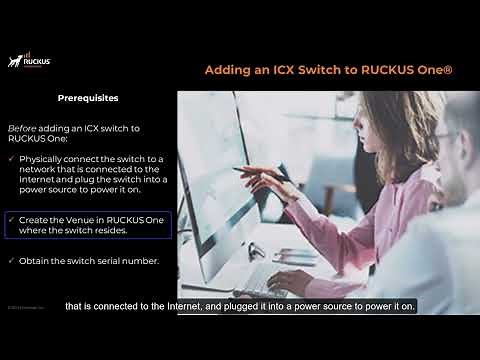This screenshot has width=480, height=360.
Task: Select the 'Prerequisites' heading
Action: [x=88, y=99]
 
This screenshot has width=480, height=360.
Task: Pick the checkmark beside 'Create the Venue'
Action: [x=10, y=218]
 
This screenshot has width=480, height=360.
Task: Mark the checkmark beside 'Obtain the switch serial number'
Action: [x=10, y=260]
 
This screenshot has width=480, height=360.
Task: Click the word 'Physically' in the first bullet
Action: [x=41, y=160]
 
